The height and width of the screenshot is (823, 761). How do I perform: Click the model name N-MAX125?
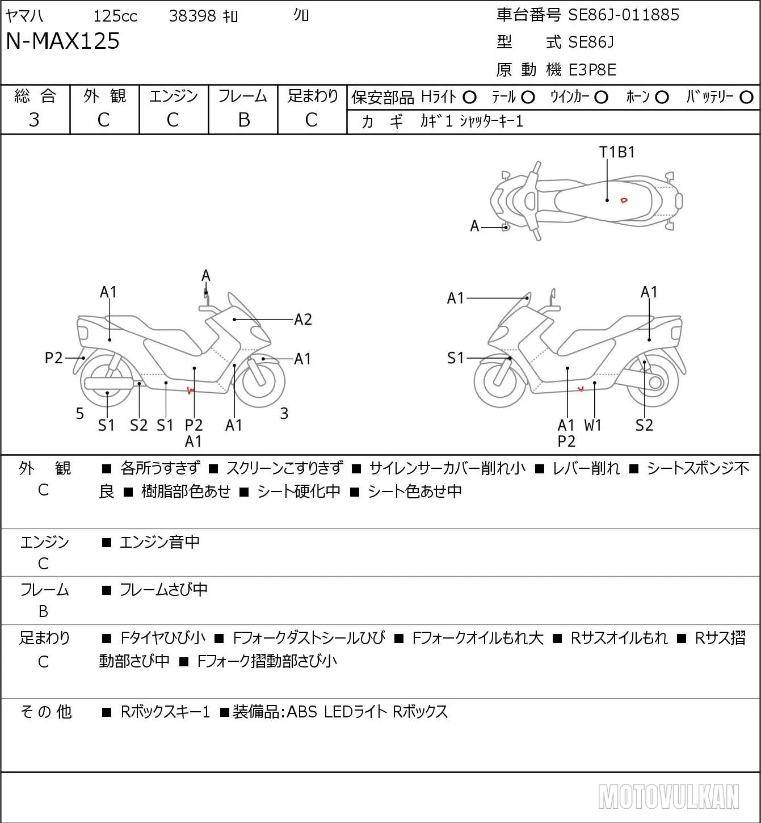coord(62,41)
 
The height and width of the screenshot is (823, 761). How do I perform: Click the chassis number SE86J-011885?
coord(624,15)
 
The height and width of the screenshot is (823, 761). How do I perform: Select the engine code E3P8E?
coord(592,70)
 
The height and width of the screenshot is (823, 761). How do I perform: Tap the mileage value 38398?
coord(192,16)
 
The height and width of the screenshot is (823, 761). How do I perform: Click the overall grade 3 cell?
coord(34,120)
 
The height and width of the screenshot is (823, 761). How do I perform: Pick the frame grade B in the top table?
coord(243,120)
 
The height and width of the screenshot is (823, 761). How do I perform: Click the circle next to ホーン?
coord(662,98)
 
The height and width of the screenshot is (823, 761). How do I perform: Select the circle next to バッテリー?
coord(746,98)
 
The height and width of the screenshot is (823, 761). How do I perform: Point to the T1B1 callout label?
coord(617,153)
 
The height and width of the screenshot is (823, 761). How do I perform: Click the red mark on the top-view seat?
coord(624,200)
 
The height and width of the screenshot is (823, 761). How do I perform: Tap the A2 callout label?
coord(302,320)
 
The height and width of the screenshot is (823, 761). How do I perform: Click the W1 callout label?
coord(592,425)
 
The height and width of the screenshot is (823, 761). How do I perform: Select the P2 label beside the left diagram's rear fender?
coord(53,358)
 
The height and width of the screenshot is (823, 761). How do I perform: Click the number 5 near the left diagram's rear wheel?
coord(79,413)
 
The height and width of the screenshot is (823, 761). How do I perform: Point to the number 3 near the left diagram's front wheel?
coord(284,413)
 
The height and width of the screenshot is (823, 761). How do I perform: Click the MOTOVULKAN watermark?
coord(668,796)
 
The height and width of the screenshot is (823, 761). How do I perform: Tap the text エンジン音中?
coord(159,542)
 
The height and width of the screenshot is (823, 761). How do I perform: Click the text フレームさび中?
coord(163,589)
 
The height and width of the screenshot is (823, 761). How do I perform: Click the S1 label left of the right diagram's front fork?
coord(455,358)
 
